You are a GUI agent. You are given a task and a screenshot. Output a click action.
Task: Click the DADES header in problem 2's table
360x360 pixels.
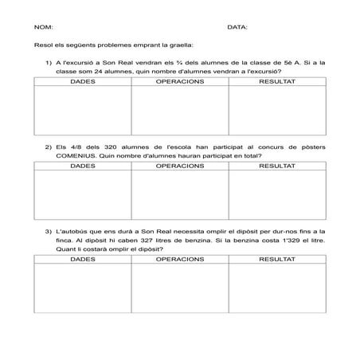coord(83,166)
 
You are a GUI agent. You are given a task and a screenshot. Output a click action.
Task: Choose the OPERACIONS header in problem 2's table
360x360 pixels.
coord(180,166)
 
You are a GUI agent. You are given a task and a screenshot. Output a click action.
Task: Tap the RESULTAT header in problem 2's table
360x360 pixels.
coord(277,166)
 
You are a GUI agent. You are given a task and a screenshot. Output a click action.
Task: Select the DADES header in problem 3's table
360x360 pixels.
coord(83,260)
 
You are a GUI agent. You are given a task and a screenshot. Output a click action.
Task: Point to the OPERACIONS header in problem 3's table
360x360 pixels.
coord(180,260)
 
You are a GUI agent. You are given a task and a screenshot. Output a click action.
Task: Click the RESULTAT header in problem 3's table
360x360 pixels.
coord(277,260)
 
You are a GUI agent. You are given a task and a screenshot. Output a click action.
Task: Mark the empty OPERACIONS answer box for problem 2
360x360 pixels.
coord(180,195)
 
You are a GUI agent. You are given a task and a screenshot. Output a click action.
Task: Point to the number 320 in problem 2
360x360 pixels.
coord(108,147)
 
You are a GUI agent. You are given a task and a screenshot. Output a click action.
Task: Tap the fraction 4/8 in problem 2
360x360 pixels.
coord(76,147)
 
